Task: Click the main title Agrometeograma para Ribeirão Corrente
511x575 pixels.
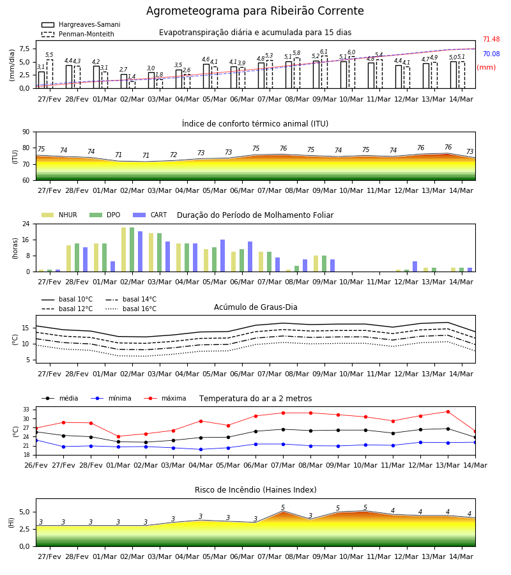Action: pos(255,11)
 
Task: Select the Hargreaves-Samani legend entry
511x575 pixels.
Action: pos(81,24)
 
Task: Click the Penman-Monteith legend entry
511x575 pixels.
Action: pos(78,34)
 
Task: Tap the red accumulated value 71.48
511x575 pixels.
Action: pos(491,39)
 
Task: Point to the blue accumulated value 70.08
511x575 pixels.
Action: pos(491,54)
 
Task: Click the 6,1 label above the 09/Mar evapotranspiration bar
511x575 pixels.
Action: pos(324,52)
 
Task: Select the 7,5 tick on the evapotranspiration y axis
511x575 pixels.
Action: pos(24,49)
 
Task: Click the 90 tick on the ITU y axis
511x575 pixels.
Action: pos(26,132)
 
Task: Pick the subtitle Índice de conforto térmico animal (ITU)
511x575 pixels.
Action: pos(255,123)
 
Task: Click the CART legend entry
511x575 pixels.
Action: pos(150,215)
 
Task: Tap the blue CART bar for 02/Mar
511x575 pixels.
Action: pos(141,252)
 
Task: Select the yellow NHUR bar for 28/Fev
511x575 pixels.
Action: pos(68,259)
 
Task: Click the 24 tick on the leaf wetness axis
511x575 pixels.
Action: pos(26,224)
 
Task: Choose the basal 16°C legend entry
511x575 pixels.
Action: pos(131,309)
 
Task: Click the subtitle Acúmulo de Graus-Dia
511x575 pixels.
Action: pos(256,307)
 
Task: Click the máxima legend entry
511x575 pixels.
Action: pos(165,398)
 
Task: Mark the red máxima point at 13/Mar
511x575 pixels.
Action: pos(448,412)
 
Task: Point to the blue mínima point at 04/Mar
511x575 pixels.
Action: pos(201,449)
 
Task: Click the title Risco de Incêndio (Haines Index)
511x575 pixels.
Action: pos(256,489)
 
